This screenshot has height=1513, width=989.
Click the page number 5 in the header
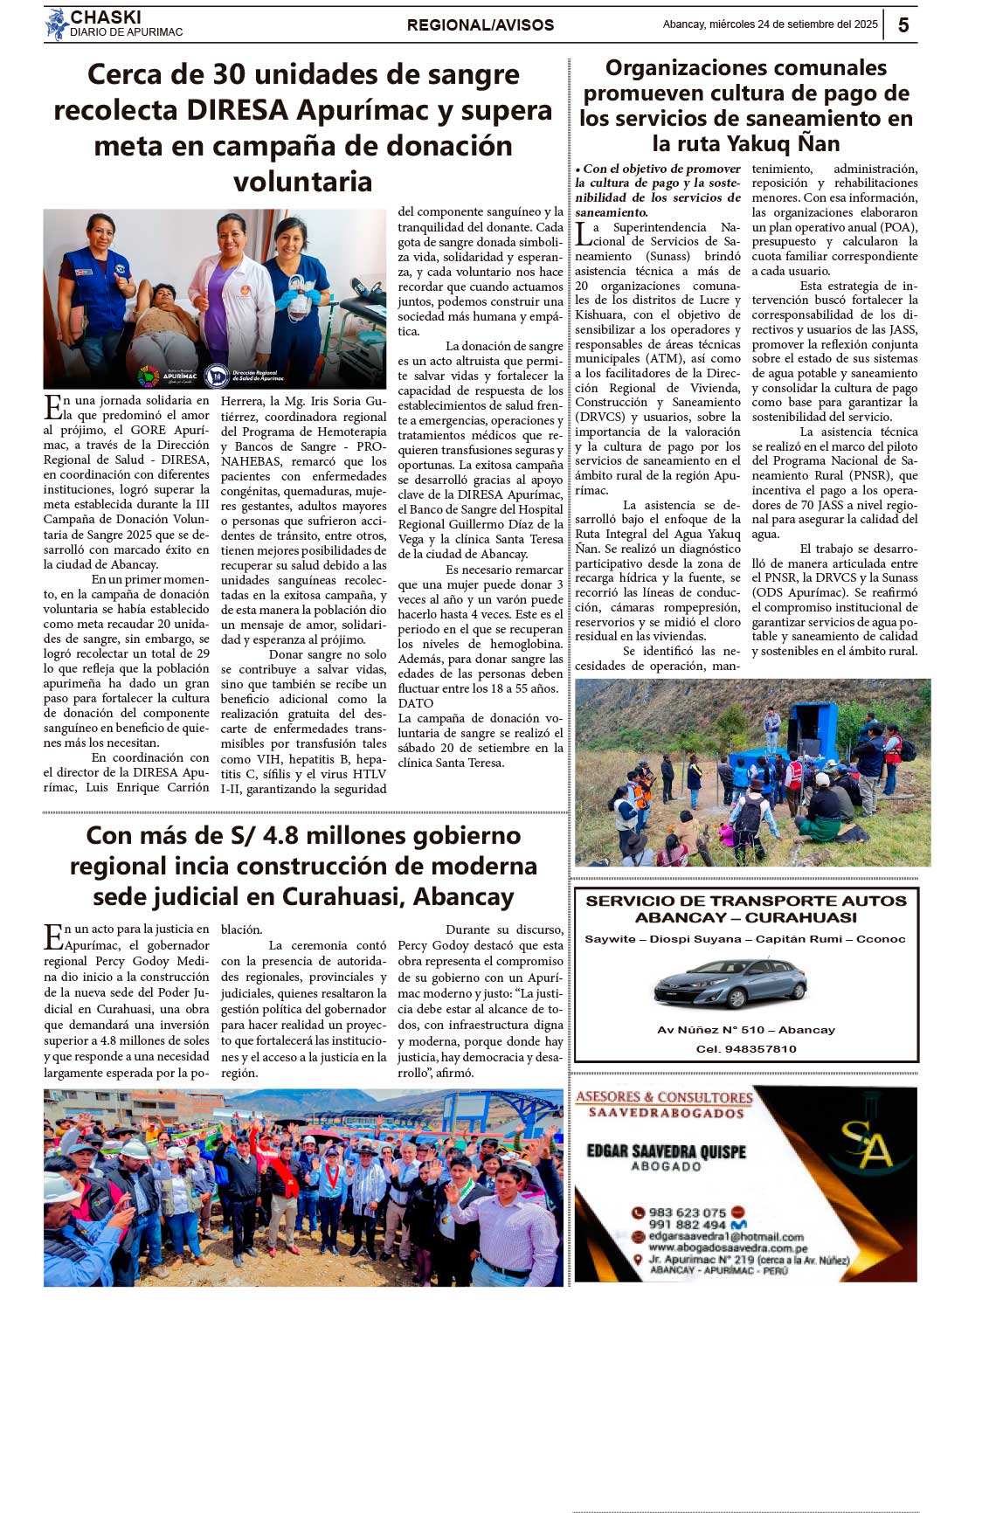(903, 25)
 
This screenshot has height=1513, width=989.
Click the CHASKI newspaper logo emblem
(57, 24)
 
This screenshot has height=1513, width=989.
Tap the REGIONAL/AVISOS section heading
(480, 25)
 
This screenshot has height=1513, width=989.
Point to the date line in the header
(770, 24)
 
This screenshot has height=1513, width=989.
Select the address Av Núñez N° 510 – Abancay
(746, 1030)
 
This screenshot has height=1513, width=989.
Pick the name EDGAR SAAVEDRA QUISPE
(666, 1151)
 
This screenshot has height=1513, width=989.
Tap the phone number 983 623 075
(688, 1212)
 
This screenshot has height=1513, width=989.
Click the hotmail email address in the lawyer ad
(726, 1237)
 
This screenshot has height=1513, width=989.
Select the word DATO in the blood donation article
(416, 703)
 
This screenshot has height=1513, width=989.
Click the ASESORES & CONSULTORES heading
(664, 1097)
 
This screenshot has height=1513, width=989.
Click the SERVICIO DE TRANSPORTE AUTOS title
(746, 901)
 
